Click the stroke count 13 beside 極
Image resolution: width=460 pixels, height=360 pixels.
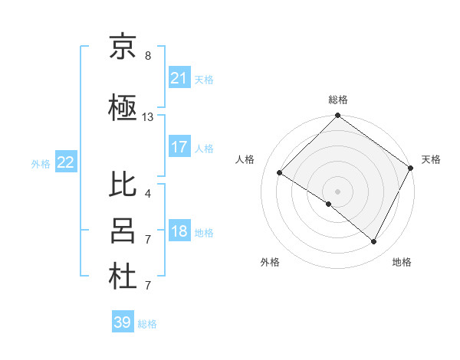click(148, 117)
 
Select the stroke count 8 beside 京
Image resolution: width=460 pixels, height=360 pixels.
click(148, 56)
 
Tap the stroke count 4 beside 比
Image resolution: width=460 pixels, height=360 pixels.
click(148, 194)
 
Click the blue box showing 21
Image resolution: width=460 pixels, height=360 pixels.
click(179, 78)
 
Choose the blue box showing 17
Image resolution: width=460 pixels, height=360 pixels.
click(179, 147)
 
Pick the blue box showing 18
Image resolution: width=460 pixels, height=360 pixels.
click(179, 232)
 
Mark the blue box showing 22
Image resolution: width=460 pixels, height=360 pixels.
click(66, 162)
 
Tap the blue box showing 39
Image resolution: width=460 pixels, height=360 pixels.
click(123, 322)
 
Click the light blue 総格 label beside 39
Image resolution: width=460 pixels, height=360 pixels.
click(148, 324)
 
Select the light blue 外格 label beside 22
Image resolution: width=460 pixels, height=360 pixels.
click(41, 163)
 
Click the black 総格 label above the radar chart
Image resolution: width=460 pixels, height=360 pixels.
click(338, 100)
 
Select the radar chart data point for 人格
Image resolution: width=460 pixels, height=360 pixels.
click(280, 173)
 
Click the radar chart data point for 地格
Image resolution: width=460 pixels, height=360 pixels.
click(374, 242)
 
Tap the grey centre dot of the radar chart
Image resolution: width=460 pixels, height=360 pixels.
click(338, 191)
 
